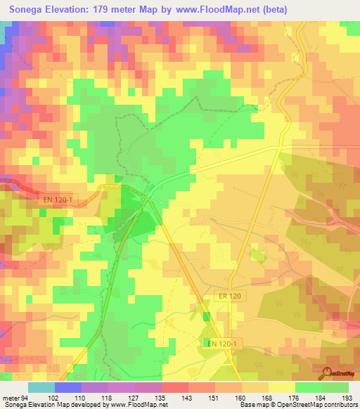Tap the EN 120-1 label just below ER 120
point(223,343)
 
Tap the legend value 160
point(240,398)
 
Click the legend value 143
point(188,398)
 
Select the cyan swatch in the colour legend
point(41,387)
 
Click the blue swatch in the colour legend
point(67,387)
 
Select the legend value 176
point(294,398)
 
